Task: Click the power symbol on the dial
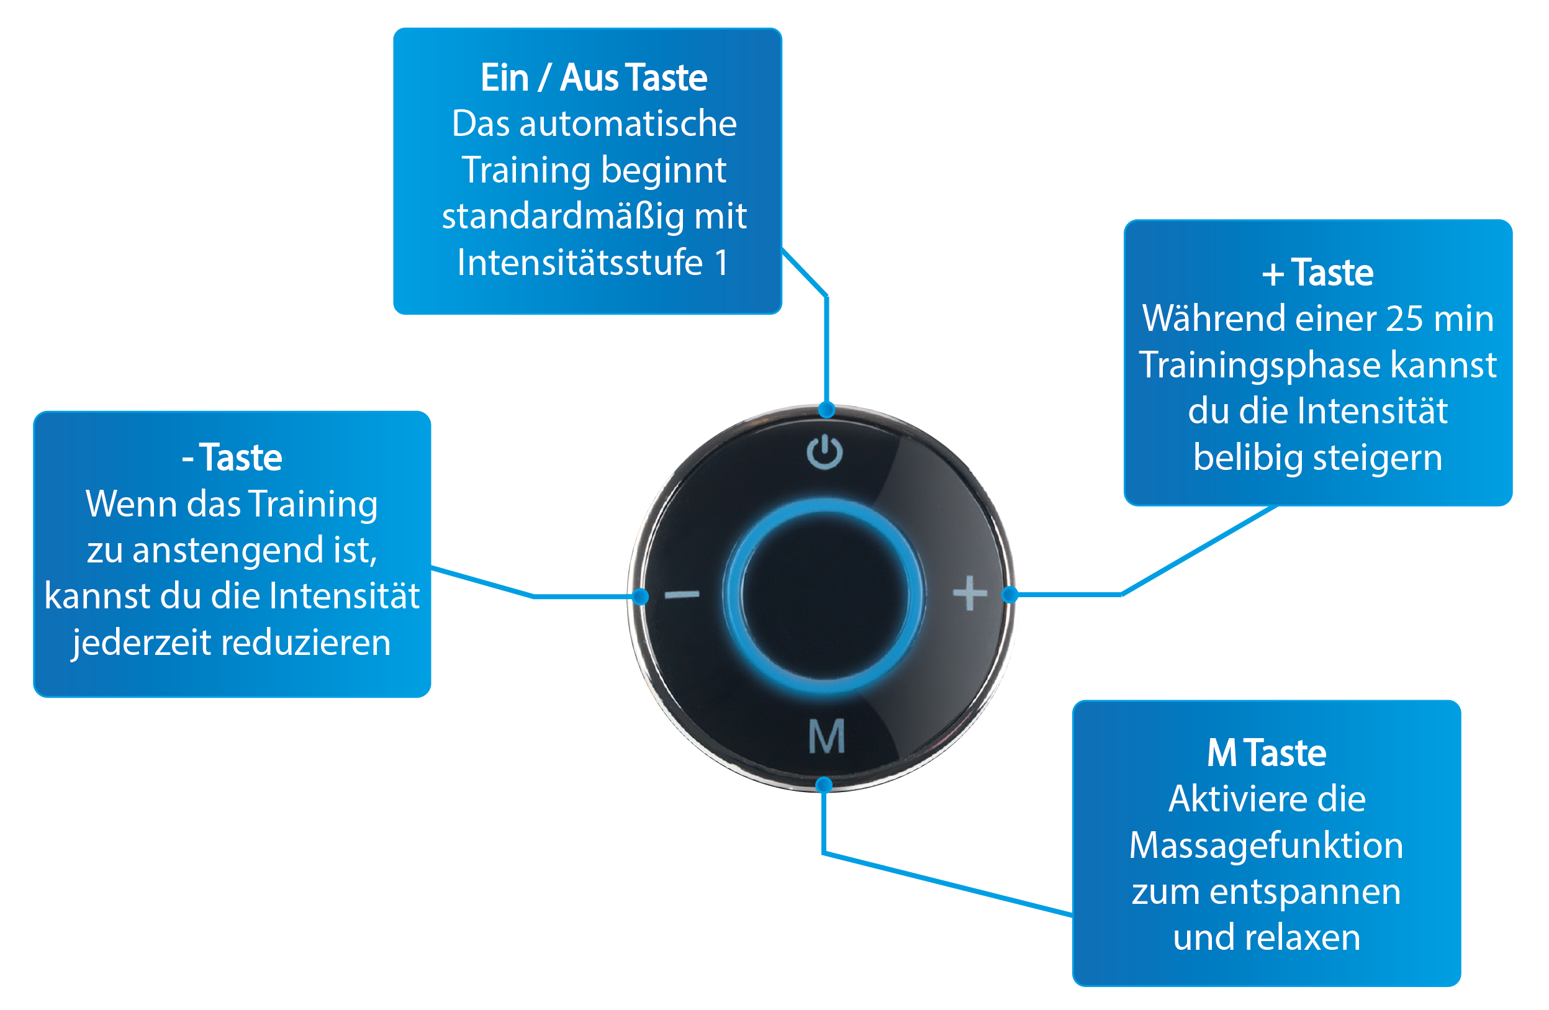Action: point(824,452)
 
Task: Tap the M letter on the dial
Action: point(826,737)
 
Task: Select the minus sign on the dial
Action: point(682,594)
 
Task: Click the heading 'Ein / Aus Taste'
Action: point(594,78)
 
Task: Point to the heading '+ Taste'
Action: point(1317,273)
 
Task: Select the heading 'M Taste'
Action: point(1266,753)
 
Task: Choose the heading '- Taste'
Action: point(232,458)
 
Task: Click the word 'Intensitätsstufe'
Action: point(580,263)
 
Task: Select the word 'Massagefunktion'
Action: point(1266,845)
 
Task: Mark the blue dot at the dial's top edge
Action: point(826,410)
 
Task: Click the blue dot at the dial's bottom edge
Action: point(824,785)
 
